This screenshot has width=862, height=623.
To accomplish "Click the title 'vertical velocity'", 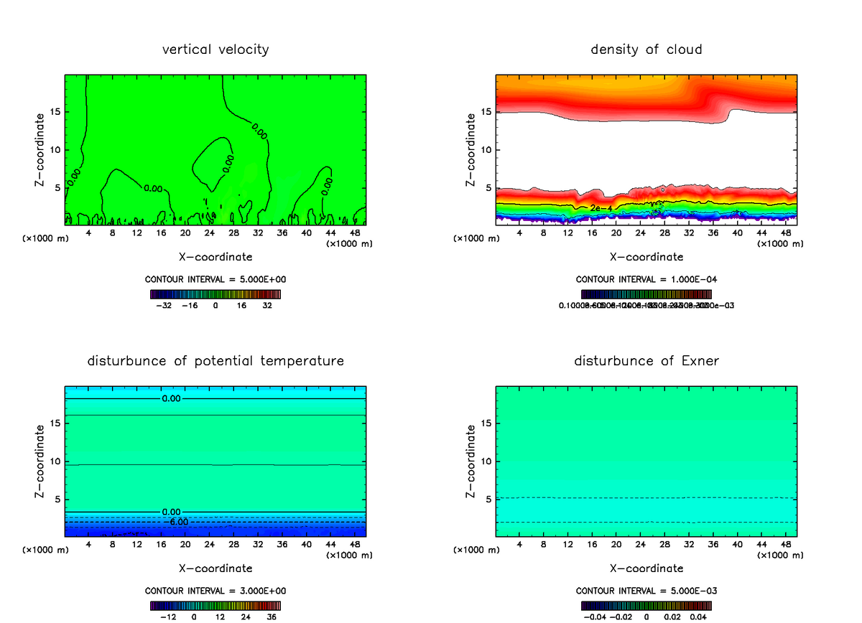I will click(215, 50).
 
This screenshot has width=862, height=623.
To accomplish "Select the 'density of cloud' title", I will click(646, 50).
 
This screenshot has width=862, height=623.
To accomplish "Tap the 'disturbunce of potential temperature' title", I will click(215, 360).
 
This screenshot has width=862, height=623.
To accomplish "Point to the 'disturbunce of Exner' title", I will click(646, 360).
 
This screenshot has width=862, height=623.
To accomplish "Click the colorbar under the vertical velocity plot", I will click(215, 294).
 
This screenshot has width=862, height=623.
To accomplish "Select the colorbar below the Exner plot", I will click(646, 605).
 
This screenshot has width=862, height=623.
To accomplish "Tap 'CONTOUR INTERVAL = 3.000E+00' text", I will click(215, 591).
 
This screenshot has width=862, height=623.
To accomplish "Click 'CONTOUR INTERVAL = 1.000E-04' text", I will click(646, 280).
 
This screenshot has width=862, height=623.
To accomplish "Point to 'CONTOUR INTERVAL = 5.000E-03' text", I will click(646, 591).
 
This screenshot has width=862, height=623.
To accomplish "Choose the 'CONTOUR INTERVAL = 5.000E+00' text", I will click(215, 280).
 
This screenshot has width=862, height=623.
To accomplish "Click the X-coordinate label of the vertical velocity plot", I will click(215, 256).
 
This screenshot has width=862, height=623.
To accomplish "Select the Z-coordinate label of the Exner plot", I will click(471, 461).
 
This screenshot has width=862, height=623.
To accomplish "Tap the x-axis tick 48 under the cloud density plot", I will click(785, 233).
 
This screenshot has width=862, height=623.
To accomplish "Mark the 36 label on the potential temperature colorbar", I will click(272, 616).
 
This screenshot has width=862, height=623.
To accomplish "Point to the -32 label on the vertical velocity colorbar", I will click(164, 305).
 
